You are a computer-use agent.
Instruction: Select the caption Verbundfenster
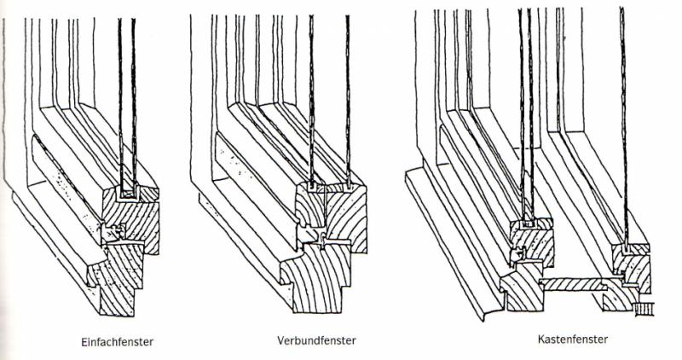pos(316,341)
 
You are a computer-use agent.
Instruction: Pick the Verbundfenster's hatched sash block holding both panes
pos(337,213)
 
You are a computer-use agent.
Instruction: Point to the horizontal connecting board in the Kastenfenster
pos(574,281)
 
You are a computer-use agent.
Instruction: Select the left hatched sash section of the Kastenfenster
pos(533,243)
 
